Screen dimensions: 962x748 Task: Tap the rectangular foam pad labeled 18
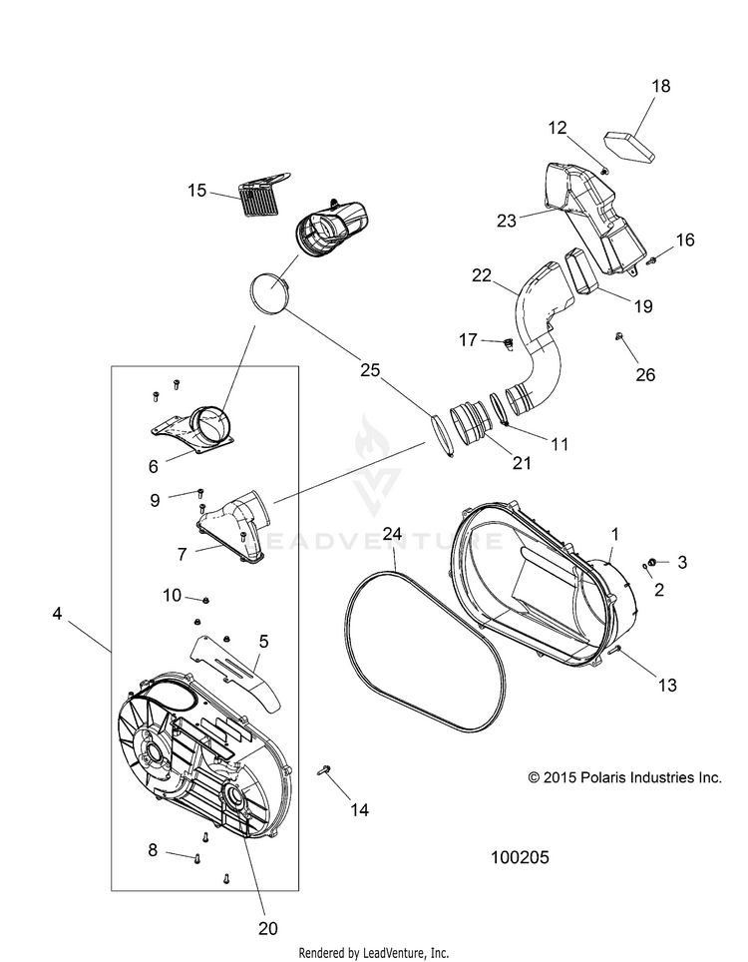click(x=629, y=145)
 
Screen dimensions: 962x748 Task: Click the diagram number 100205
click(x=520, y=857)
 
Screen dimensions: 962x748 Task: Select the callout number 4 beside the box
click(x=57, y=616)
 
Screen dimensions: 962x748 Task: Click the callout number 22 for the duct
click(x=483, y=276)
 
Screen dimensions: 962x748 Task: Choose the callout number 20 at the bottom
click(x=266, y=928)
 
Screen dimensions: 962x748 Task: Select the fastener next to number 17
click(x=507, y=345)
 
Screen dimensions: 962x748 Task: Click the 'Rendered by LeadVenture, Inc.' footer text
click(x=374, y=951)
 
